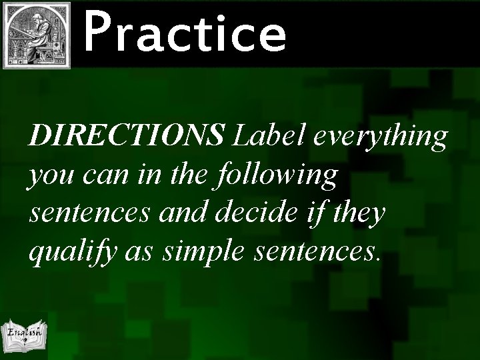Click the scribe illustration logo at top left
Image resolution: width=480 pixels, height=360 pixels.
tap(37, 35)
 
